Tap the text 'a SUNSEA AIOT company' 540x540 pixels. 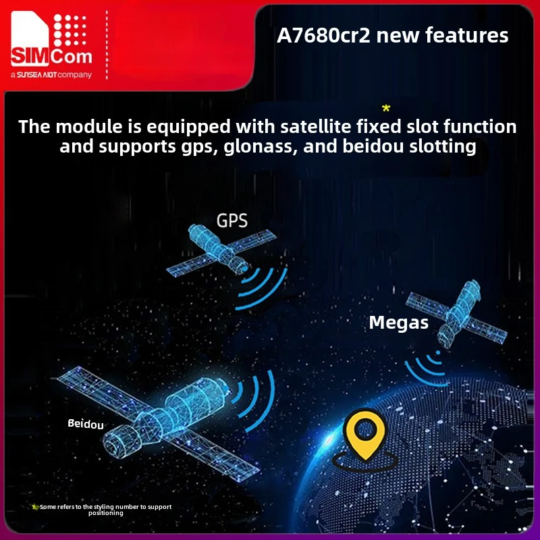click(51, 75)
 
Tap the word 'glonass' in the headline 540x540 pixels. click(254, 146)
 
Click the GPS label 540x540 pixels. click(232, 220)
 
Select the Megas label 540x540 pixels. click(398, 323)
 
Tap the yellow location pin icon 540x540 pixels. click(365, 438)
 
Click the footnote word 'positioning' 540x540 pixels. click(106, 513)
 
